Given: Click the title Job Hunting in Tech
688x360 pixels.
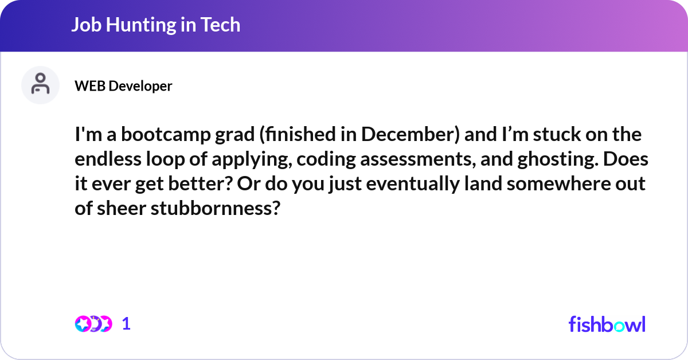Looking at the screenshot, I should tap(155, 25).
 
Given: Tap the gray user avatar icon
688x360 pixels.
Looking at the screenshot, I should tap(40, 85).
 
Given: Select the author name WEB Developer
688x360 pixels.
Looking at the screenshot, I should tap(123, 86).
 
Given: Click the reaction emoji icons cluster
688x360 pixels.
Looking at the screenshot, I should tap(93, 324).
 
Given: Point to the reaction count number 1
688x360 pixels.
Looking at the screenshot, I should tap(126, 324).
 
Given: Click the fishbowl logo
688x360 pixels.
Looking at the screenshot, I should tap(607, 324).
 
